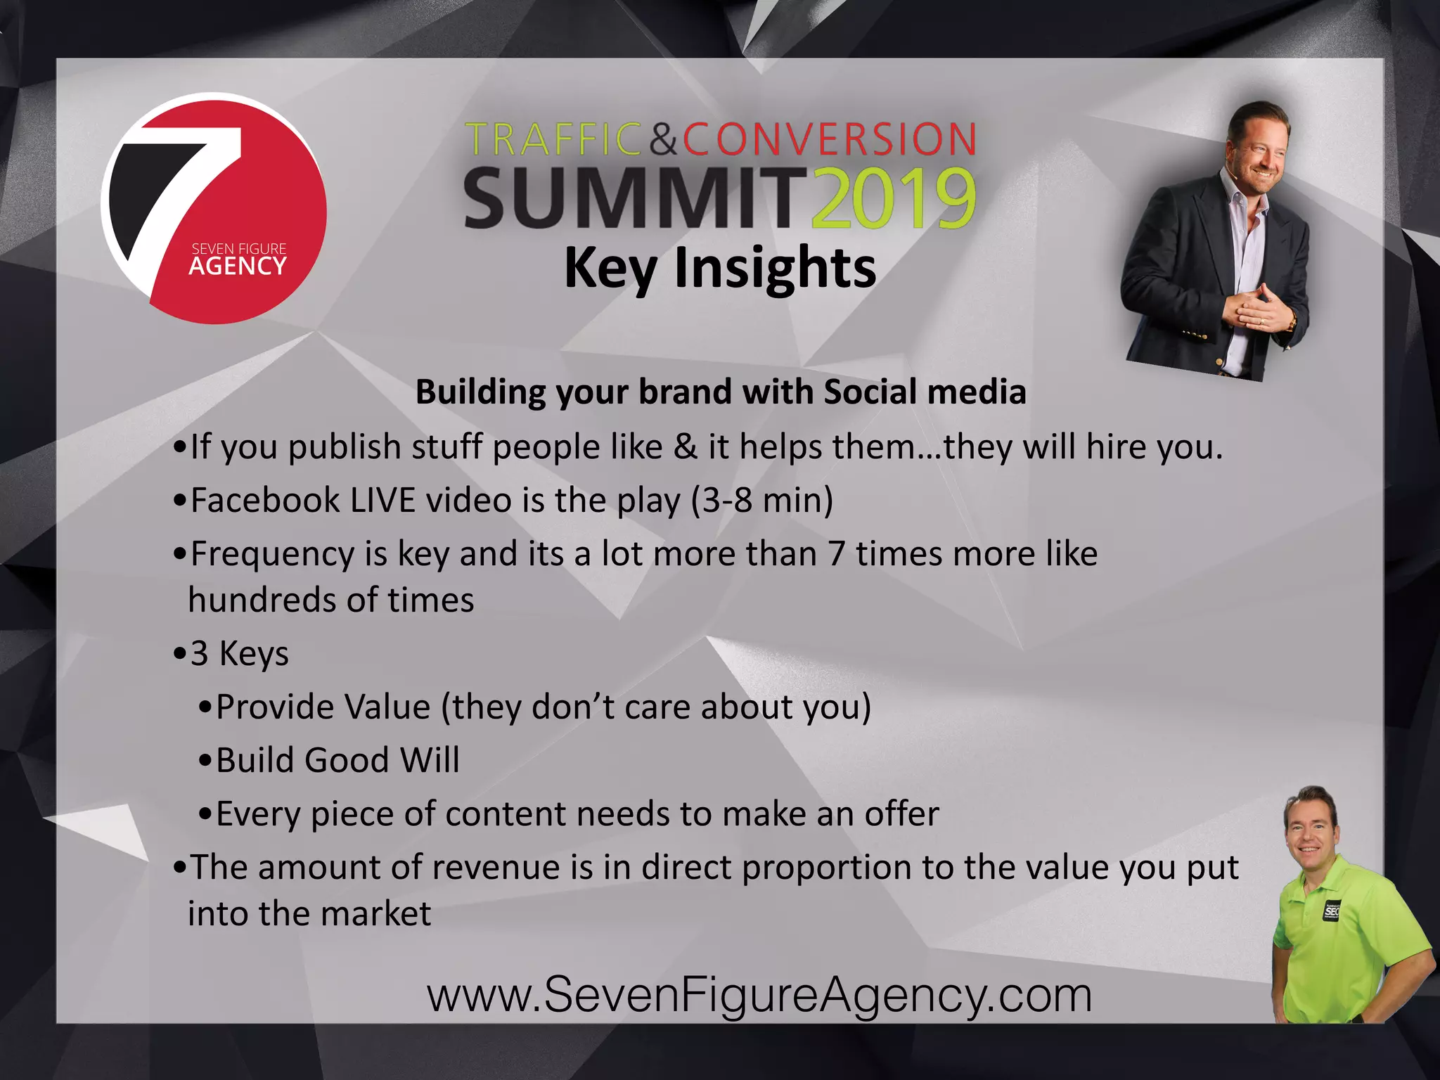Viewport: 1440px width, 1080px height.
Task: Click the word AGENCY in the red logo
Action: (238, 266)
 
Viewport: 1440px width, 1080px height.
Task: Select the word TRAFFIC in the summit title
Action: (553, 139)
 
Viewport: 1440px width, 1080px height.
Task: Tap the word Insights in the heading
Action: (775, 268)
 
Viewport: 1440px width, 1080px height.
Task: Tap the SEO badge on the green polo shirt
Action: (1332, 910)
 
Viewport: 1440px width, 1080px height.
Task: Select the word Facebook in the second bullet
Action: (265, 501)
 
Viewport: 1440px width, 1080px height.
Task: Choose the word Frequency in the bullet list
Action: (273, 554)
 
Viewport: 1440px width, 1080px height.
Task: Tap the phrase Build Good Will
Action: (337, 761)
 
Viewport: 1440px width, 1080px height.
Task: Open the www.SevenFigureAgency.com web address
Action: (759, 996)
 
